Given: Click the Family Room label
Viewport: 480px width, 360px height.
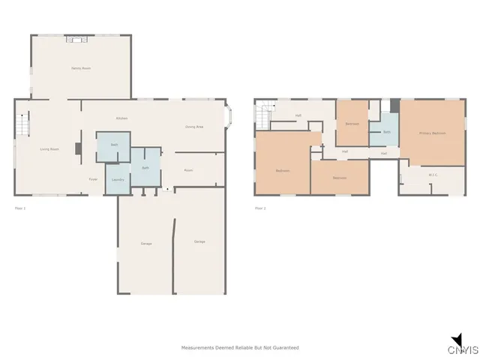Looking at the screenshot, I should [x=81, y=68].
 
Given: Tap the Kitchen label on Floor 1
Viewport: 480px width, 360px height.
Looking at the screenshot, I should [x=121, y=119].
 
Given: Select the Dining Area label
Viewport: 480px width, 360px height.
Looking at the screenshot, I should [x=194, y=127].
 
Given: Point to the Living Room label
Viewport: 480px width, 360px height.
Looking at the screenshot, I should [x=49, y=149].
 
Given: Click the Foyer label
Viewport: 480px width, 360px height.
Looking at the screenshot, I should [x=94, y=179].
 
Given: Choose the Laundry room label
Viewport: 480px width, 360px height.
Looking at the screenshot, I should [x=118, y=180].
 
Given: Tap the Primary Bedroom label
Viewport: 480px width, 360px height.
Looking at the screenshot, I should [x=432, y=133].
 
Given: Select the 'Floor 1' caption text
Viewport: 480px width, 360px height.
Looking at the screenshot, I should [x=20, y=208].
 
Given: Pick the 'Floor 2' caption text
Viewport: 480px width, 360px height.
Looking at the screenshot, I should [x=260, y=208].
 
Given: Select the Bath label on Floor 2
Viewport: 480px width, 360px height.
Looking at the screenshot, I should [x=387, y=132].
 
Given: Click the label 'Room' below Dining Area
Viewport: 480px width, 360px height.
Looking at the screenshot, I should [x=189, y=170].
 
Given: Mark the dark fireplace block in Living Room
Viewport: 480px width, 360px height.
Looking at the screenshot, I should [x=78, y=148].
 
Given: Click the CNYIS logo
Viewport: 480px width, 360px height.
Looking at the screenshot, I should [x=461, y=346].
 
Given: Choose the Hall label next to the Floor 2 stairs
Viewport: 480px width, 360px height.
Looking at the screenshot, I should [x=298, y=115].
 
